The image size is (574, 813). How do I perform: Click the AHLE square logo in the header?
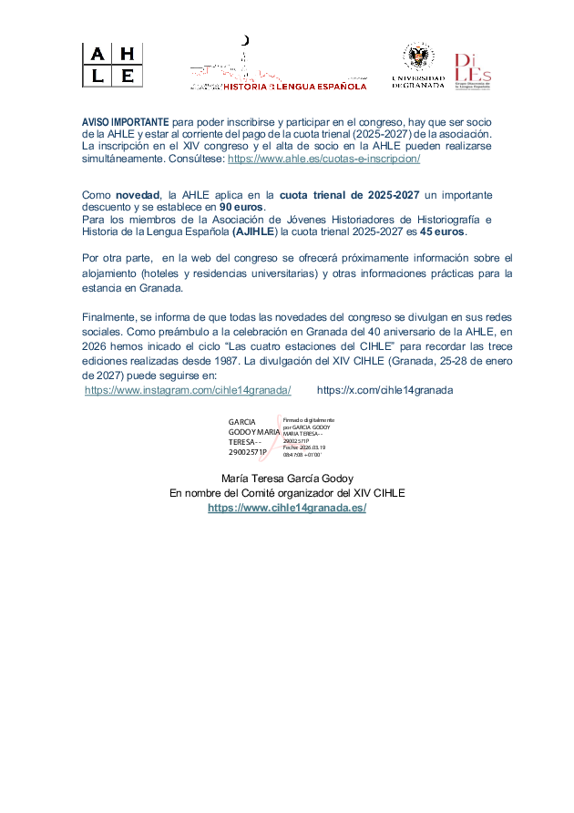(x=112, y=65)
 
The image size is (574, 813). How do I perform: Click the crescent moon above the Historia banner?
(x=243, y=40)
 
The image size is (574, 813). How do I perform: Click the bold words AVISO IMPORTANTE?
(x=126, y=122)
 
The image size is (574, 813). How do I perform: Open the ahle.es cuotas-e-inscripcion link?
(x=323, y=158)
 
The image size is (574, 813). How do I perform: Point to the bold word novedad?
(x=136, y=195)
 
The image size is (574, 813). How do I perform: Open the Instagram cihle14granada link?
(x=188, y=390)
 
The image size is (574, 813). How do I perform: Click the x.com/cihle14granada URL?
(x=384, y=390)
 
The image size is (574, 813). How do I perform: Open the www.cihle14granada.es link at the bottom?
(x=287, y=508)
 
